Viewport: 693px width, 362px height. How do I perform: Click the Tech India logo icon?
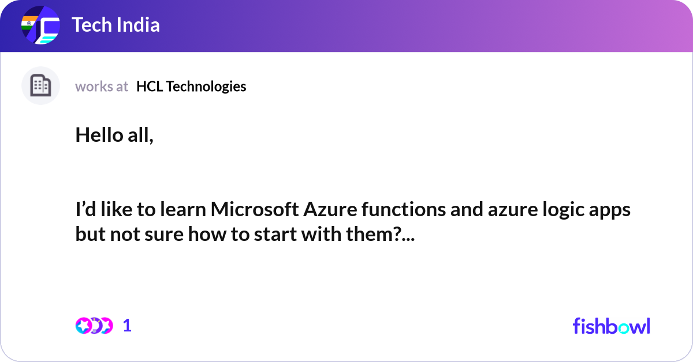pos(40,26)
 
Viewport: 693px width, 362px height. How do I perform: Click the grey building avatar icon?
pos(40,86)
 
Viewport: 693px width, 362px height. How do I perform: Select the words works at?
pos(102,86)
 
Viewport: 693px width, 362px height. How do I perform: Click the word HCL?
pos(149,86)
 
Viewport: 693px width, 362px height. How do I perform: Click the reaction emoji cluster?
pos(94,326)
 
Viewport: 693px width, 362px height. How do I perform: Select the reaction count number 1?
pos(127,326)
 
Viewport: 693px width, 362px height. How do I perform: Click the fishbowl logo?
pos(611,326)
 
